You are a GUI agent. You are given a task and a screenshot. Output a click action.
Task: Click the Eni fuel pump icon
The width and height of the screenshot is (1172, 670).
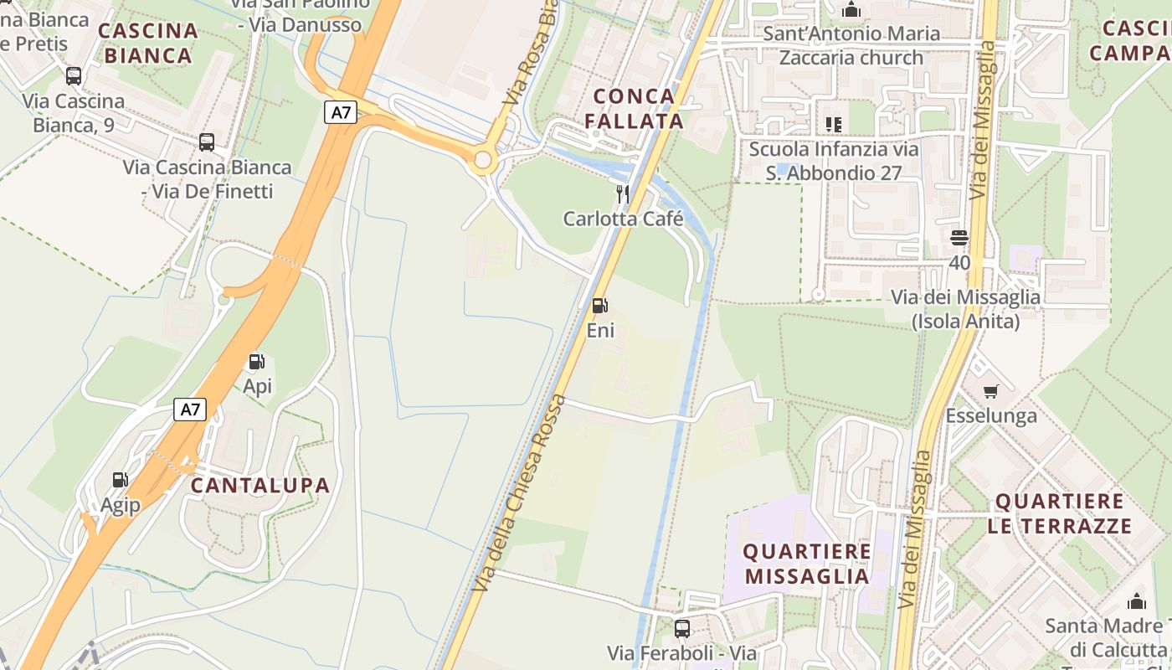click(x=599, y=306)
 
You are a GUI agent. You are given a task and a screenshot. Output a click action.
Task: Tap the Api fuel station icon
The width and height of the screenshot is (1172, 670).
click(x=257, y=362)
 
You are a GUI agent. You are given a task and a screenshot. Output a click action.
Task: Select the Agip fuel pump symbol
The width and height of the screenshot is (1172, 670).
click(x=121, y=480)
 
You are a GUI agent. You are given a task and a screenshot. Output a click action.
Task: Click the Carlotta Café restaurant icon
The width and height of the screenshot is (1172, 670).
click(x=623, y=194)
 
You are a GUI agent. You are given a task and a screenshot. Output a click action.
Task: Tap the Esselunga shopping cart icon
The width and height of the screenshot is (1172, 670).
click(x=991, y=391)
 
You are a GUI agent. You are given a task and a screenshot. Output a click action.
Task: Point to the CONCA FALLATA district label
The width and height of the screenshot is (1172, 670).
click(x=634, y=108)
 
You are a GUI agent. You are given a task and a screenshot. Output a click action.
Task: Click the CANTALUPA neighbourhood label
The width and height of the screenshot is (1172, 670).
click(x=260, y=485)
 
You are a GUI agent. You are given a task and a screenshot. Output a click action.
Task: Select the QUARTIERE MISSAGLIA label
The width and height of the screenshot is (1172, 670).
click(x=808, y=564)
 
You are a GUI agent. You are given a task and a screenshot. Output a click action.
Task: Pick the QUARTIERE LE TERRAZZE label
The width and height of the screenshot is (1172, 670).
click(x=1059, y=513)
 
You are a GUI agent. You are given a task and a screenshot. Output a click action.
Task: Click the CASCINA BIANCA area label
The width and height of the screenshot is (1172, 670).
click(x=149, y=44)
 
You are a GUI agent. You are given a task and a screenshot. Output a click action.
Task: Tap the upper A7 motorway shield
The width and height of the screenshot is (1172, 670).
click(x=341, y=111)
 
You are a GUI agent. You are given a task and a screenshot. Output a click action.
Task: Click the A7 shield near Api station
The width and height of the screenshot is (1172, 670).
click(x=190, y=410)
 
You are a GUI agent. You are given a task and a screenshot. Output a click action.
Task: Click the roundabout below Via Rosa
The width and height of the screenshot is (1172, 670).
click(x=482, y=160)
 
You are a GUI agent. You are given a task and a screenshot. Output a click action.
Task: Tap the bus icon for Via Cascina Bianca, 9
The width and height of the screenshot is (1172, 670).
click(x=74, y=76)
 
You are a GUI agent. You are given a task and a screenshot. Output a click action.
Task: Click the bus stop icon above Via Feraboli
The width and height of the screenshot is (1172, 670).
click(x=682, y=628)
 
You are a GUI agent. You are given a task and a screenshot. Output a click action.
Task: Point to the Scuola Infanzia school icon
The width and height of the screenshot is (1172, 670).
click(x=833, y=125)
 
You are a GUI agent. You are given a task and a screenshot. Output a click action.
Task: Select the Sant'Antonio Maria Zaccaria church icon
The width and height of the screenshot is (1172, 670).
click(x=852, y=10)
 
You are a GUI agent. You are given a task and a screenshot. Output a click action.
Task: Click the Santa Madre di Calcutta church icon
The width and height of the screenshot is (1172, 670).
click(x=1137, y=601)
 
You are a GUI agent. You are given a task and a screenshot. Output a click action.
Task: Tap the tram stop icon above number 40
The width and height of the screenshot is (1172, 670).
click(x=959, y=238)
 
